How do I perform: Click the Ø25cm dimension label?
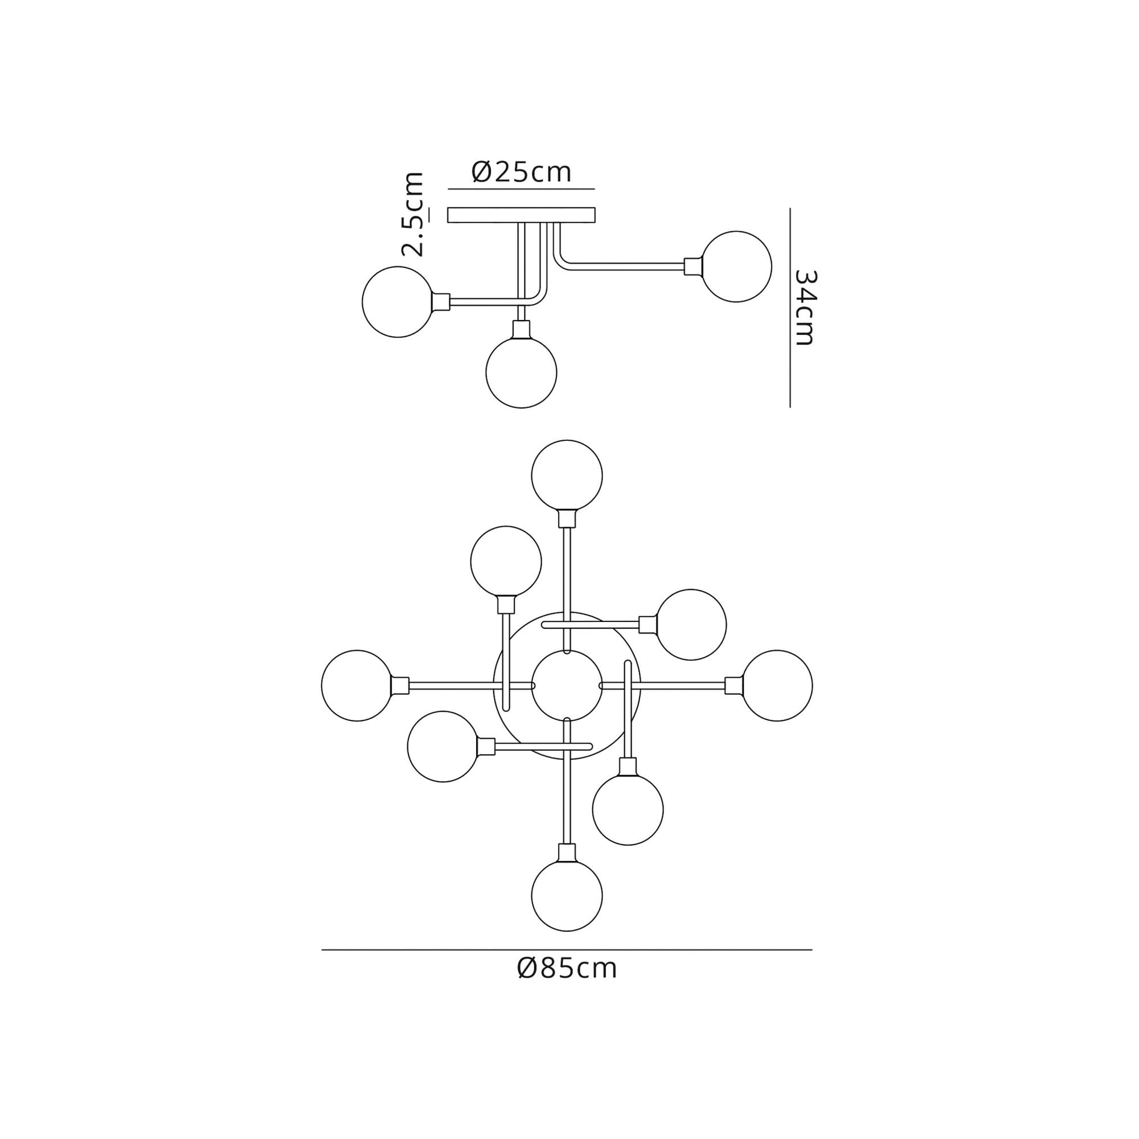pos(522,172)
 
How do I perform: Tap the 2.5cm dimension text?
pos(413,214)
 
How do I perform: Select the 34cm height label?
pos(805,307)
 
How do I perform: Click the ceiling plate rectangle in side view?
pos(521,215)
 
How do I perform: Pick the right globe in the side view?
pos(736,267)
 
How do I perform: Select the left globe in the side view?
pos(398,302)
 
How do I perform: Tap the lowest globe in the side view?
pos(521,372)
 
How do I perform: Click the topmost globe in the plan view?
pos(567,475)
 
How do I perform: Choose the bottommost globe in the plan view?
pos(567,895)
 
